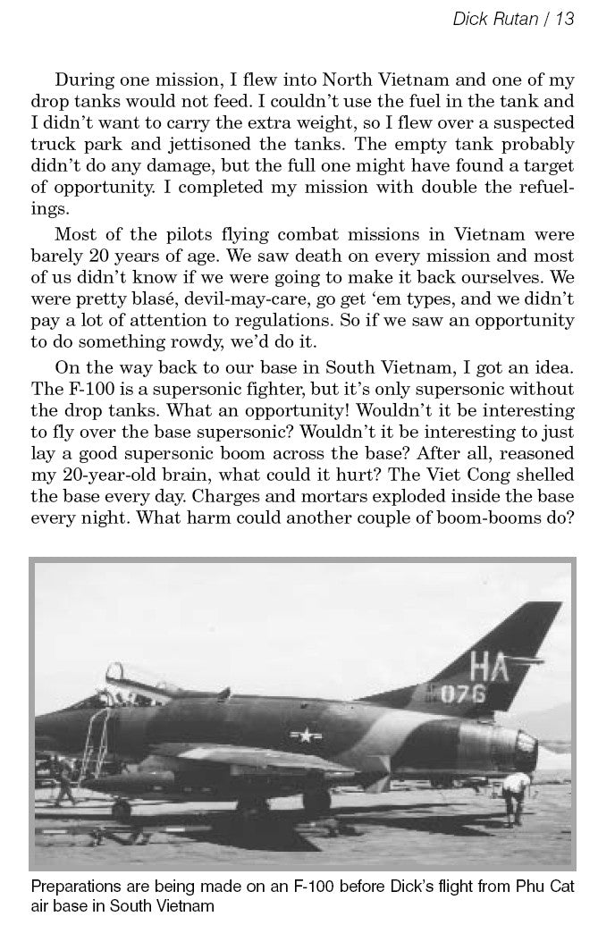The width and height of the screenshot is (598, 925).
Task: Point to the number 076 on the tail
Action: point(487,695)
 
